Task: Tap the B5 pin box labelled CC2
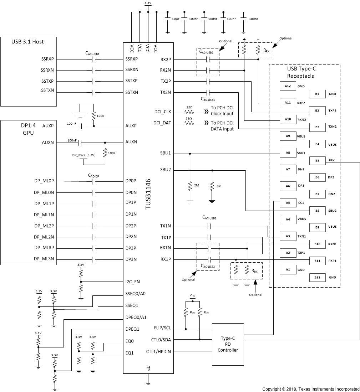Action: (317, 160)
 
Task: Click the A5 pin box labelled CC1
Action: (288, 202)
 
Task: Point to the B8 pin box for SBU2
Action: (317, 211)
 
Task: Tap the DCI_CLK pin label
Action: (162, 112)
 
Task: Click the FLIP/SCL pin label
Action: (162, 328)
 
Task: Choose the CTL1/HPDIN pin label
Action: (158, 352)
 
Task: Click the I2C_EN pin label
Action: (133, 282)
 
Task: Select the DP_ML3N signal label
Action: (44, 259)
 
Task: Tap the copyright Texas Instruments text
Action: (311, 389)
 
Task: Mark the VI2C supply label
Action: (192, 296)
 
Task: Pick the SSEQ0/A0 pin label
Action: (136, 294)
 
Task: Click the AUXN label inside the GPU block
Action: (48, 142)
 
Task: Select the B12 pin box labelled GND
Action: (317, 277)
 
